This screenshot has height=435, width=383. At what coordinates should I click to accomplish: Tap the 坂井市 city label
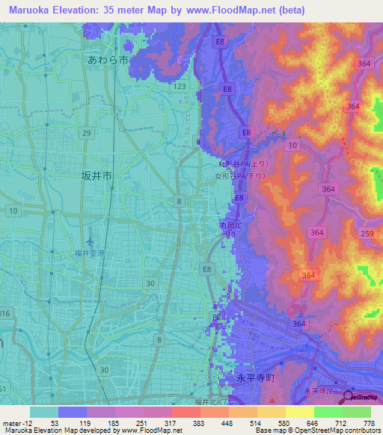(96, 176)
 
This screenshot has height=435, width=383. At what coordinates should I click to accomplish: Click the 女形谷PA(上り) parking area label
(242, 163)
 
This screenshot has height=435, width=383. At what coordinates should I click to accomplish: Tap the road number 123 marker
(179, 87)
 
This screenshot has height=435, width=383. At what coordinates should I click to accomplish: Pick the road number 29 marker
(87, 132)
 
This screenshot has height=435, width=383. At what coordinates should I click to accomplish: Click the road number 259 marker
(367, 234)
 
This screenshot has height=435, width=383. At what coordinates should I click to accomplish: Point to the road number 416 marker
(6, 312)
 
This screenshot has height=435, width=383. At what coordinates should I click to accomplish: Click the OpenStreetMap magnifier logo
(350, 398)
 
